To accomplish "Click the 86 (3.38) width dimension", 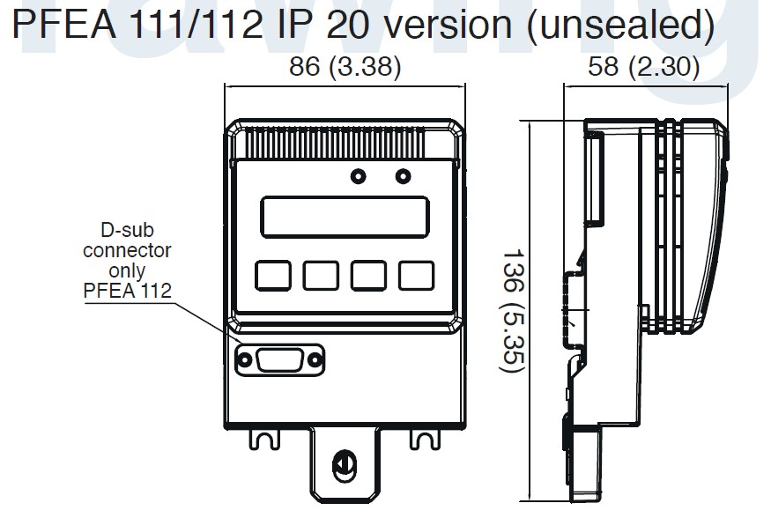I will pos(345,67).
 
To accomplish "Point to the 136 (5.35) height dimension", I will pos(515,309).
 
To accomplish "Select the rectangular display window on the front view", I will pos(345,216).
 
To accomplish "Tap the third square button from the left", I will pos(368,275).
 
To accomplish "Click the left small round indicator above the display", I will pos(359,176).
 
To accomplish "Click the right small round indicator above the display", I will pos(403,176).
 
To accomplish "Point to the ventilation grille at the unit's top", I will pos(345,140).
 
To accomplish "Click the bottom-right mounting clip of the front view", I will pos(424,436).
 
